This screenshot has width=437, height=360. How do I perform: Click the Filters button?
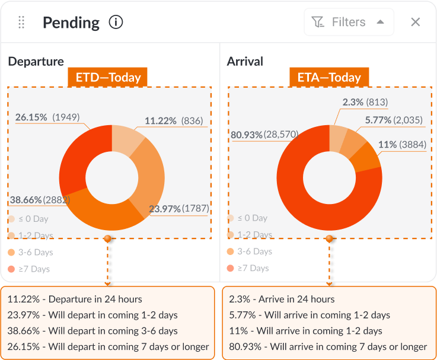[x=349, y=23]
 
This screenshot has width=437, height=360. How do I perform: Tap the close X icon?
[x=416, y=23]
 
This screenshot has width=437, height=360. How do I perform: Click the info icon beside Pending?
[x=116, y=23]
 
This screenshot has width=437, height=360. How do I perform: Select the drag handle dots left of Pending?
[x=21, y=23]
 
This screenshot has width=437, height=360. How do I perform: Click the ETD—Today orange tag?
[x=108, y=78]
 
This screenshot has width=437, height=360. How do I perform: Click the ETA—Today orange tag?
[x=328, y=78]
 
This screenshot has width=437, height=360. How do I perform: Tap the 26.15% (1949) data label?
[x=47, y=117]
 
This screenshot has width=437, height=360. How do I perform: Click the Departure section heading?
[x=36, y=62]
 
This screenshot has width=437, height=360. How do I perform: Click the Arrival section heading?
[x=245, y=62]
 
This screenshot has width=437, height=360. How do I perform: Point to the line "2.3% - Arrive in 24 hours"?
[x=282, y=300]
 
